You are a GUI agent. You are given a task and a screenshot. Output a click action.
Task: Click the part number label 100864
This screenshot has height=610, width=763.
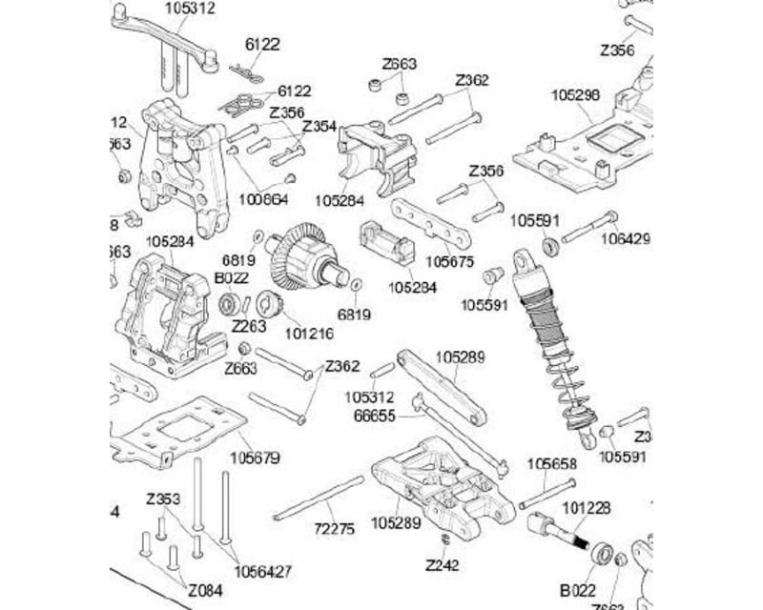coord(263,198)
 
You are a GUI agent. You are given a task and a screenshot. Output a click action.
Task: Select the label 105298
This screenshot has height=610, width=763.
coord(576,94)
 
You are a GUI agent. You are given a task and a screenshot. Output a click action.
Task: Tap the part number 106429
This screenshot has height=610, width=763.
coord(625,239)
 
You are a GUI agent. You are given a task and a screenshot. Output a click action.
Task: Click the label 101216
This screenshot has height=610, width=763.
coord(309,333)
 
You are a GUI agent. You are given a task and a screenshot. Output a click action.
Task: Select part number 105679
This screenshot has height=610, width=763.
coord(255,458)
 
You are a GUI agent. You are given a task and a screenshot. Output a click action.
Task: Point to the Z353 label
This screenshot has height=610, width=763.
coord(163,498)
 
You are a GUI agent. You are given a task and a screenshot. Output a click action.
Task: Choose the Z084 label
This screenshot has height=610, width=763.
coord(206,588)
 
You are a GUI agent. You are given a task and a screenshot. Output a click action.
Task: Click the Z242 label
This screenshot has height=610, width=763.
coord(443,565)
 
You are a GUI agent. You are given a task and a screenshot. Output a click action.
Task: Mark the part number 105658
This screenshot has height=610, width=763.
coord(552,464)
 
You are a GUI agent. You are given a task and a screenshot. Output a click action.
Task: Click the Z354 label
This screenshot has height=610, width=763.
coord(320,127)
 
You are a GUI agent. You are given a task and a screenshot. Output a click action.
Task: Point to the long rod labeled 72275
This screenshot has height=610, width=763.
coord(319,498)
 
